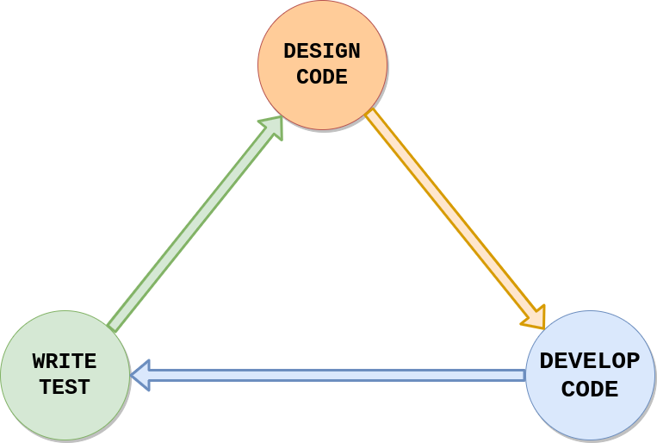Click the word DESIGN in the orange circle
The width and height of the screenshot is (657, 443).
click(322, 52)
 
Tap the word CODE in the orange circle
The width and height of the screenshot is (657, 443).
click(322, 77)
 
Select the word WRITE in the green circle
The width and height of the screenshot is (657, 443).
click(65, 361)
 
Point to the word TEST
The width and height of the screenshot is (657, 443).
click(65, 387)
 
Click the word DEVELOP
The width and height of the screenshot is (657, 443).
click(590, 361)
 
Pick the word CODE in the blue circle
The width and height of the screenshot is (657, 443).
click(590, 389)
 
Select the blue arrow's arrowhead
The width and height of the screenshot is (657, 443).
click(140, 376)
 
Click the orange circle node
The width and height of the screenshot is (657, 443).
click(322, 65)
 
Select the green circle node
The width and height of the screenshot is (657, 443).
click(65, 376)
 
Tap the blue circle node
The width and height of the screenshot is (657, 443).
click(590, 376)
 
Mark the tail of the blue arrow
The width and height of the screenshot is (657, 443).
click(525, 376)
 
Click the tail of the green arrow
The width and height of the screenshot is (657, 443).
click(112, 328)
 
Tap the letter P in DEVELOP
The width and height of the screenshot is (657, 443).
click(634, 361)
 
